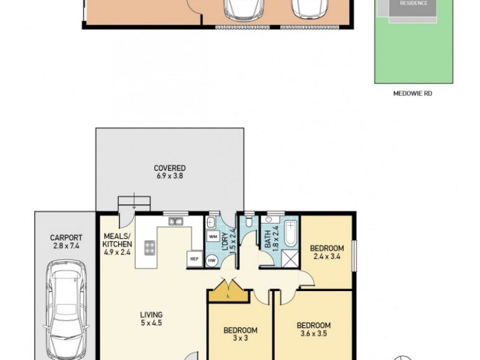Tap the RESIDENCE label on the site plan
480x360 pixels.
[414, 3]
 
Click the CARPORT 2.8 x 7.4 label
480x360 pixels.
[65, 242]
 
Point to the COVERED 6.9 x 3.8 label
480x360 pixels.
[169, 172]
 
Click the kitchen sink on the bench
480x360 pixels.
[175, 221]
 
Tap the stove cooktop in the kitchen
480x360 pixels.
[149, 247]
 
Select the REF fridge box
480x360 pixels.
[194, 259]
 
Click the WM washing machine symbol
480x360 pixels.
[212, 236]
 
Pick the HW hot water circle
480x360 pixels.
[212, 260]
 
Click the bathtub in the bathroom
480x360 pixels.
[290, 235]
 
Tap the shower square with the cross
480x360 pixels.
[290, 258]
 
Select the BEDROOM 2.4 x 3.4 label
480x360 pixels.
[326, 253]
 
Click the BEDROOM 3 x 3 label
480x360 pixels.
[240, 334]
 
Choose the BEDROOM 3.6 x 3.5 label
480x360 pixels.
[313, 330]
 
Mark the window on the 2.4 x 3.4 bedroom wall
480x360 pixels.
[354, 253]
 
